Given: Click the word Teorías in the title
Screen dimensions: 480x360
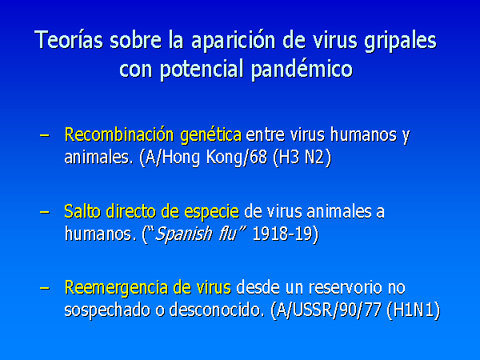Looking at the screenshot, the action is point(69,40).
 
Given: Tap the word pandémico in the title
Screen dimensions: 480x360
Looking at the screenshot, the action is point(302,70).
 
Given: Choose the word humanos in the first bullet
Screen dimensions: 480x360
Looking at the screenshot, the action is point(364,134).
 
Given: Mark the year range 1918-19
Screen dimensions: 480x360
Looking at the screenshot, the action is point(282,234).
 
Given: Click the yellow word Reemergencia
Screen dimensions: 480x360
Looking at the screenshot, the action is point(116,289).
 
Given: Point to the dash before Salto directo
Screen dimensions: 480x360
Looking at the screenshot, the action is point(45,212).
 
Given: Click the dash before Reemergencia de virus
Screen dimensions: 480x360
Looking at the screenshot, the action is point(45,288).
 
